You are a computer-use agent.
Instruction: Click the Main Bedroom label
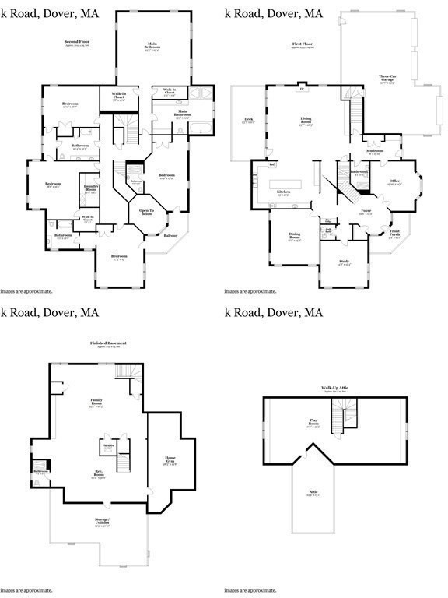pyautogui.click(x=153, y=47)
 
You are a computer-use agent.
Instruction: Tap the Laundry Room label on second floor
pyautogui.click(x=91, y=188)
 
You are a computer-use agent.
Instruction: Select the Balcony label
pyautogui.click(x=171, y=235)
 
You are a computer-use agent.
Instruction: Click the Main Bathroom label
pyautogui.click(x=183, y=114)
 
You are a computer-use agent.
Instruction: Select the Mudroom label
pyautogui.click(x=375, y=152)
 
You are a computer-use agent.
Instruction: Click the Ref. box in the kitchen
pyautogui.click(x=272, y=164)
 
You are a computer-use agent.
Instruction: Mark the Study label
pyautogui.click(x=343, y=262)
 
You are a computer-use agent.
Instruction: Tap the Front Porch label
pyautogui.click(x=395, y=234)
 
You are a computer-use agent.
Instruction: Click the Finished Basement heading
pyautogui.click(x=108, y=343)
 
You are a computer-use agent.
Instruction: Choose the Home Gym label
pyautogui.click(x=170, y=459)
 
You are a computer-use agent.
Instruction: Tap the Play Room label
pyautogui.click(x=313, y=422)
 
